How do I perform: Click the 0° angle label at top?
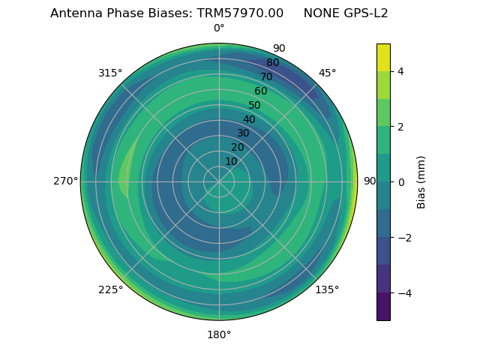[x=219, y=28]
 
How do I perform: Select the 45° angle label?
[x=327, y=73]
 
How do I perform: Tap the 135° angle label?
[x=327, y=289]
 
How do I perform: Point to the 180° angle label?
[x=219, y=334]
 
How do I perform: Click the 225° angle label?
[x=110, y=289]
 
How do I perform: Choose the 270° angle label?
[x=65, y=181]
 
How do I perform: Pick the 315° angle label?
[x=110, y=73]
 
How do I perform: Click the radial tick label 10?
[x=231, y=161]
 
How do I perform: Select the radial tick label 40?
[x=249, y=119]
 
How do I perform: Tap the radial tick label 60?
[x=261, y=91]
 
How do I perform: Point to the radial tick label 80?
[x=272, y=63]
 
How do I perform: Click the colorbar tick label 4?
[x=400, y=71]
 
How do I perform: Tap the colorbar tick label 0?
[x=400, y=181]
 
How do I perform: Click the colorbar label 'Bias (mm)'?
[x=421, y=181]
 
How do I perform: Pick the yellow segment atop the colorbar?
[x=383, y=57]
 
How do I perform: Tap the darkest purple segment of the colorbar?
[x=383, y=307]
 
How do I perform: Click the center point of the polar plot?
[x=219, y=181]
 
